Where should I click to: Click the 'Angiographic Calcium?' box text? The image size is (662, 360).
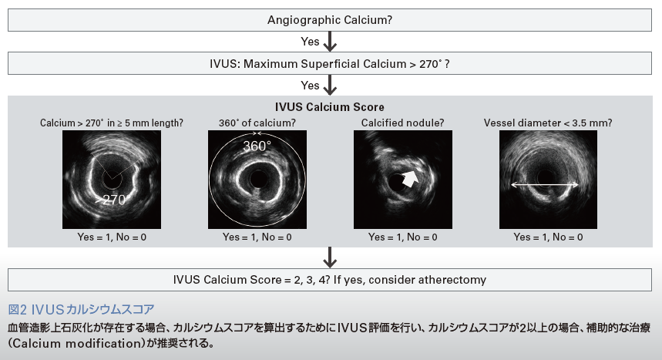330,19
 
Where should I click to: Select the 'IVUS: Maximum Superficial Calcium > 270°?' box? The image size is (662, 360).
330,63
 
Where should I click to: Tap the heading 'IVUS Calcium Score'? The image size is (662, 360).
330,107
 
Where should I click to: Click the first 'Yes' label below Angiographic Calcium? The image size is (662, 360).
310,41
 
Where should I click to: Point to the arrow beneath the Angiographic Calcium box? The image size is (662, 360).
330,41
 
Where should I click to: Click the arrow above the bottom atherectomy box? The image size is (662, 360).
330,257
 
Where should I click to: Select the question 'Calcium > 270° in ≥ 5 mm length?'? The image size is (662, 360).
112,123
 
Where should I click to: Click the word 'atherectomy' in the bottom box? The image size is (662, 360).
455,279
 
